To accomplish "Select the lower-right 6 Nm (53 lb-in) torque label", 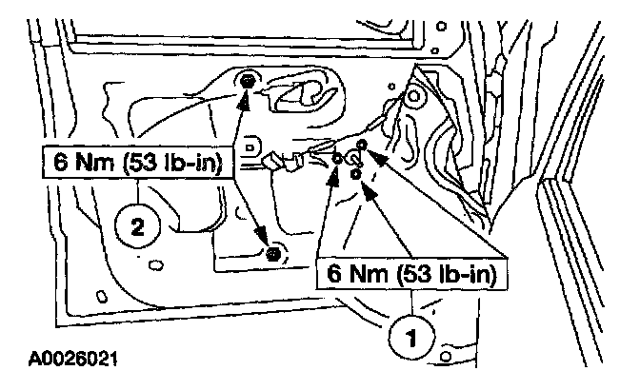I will [x=413, y=276].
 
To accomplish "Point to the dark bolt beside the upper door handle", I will [x=248, y=81].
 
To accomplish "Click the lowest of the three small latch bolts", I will [x=354, y=175].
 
